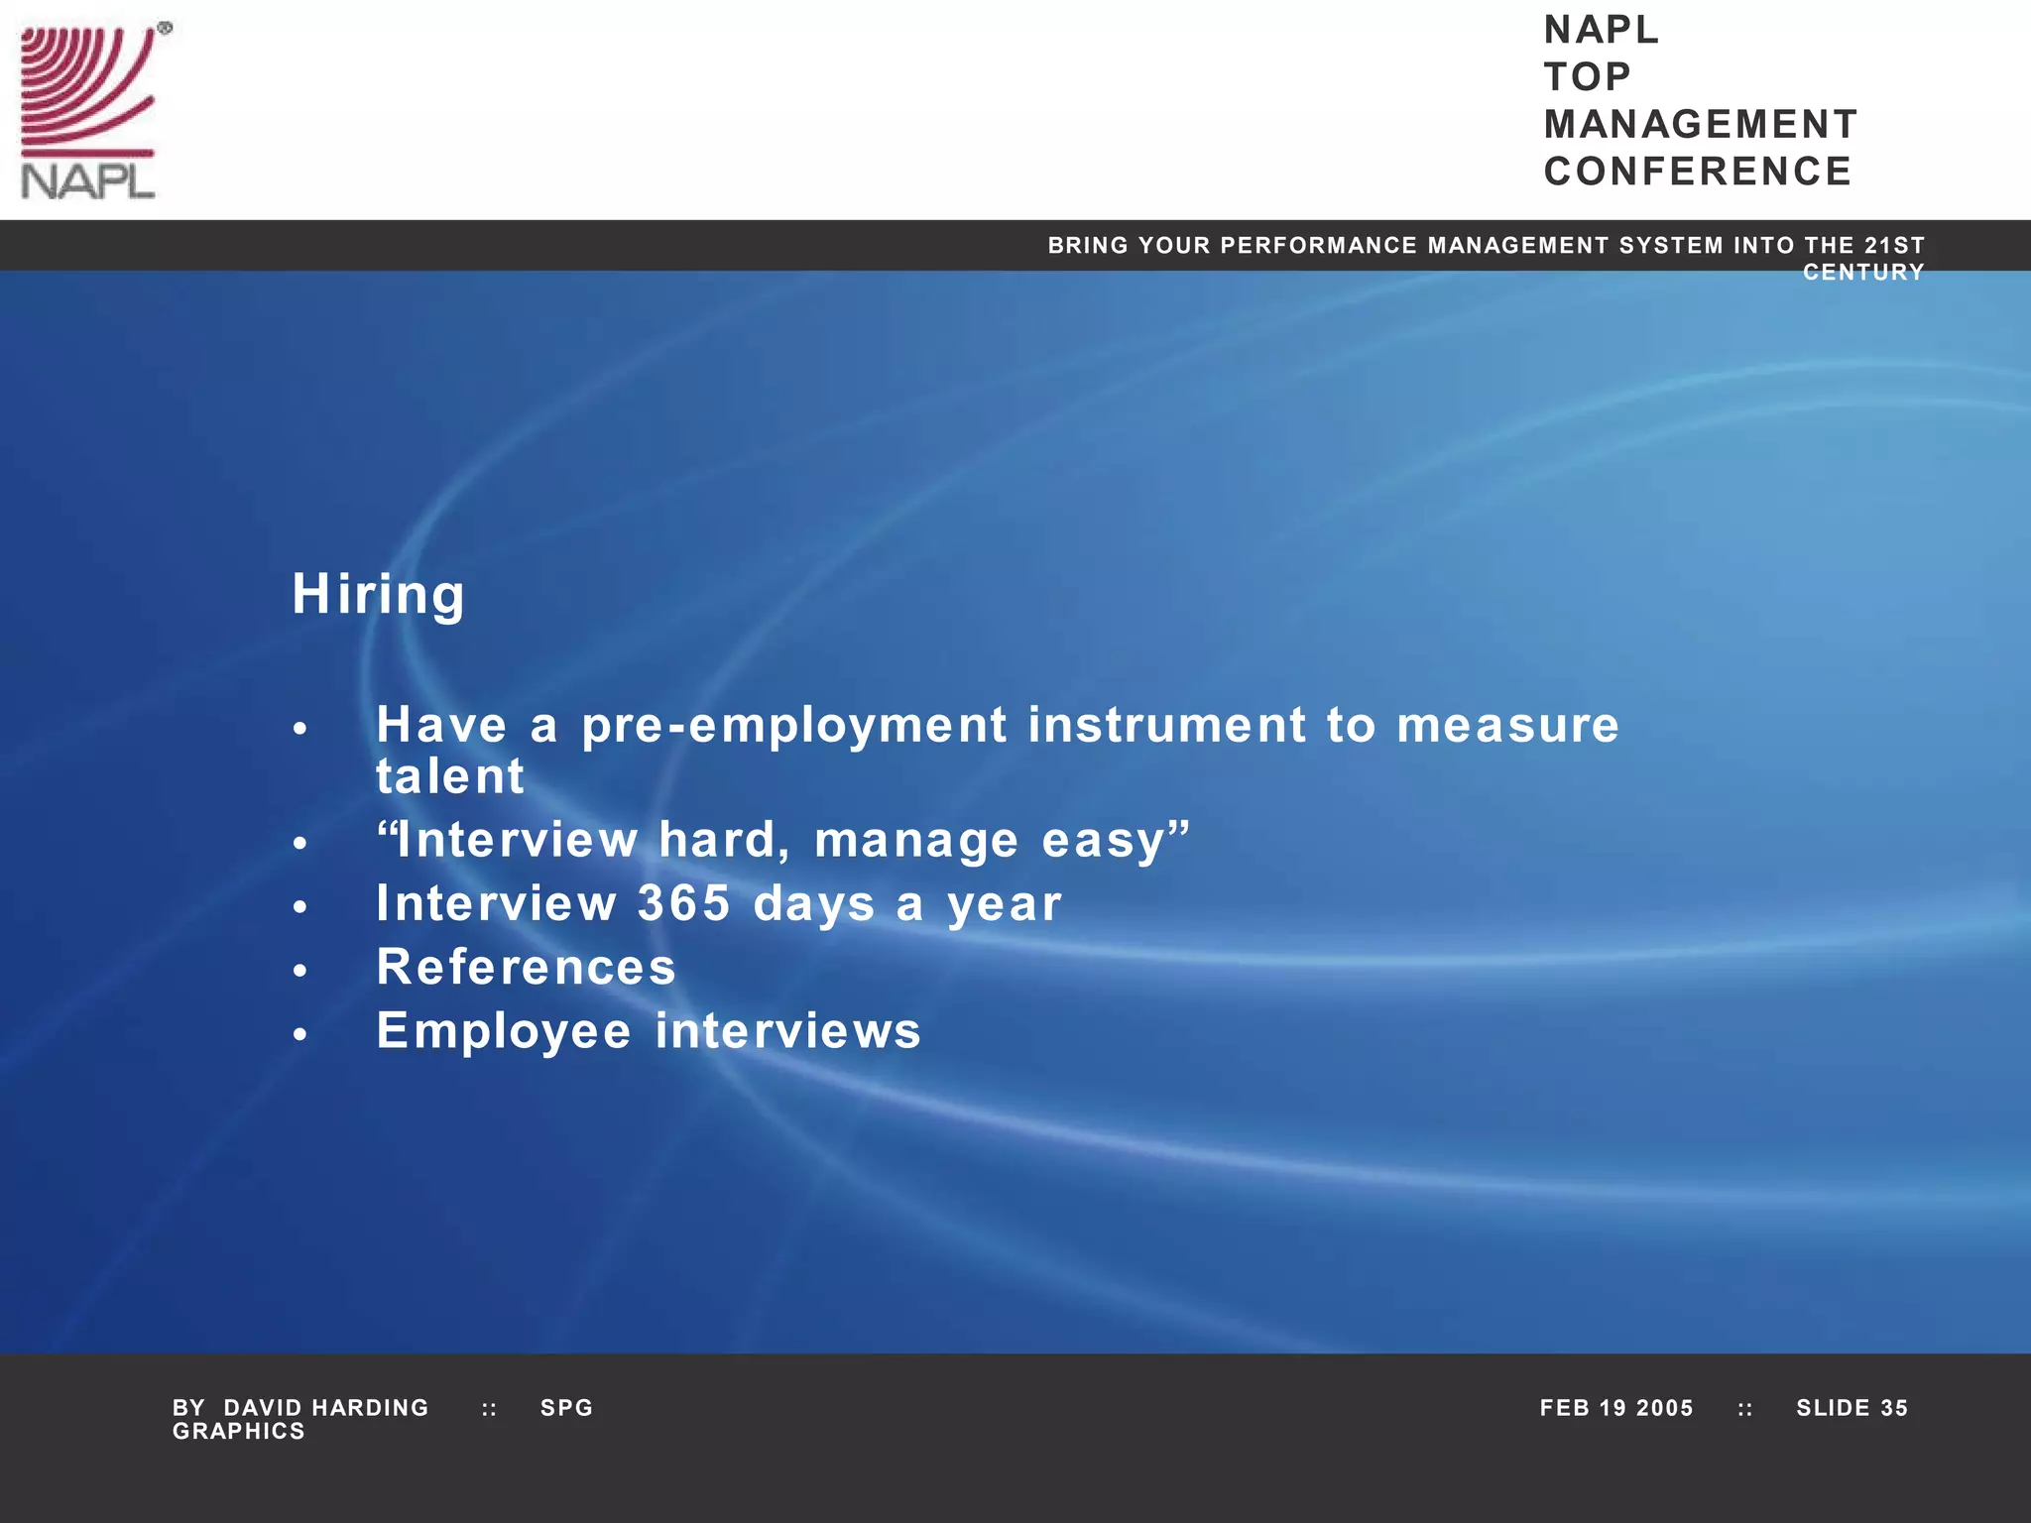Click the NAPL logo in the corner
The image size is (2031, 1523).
tap(89, 111)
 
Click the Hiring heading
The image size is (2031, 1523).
tap(378, 595)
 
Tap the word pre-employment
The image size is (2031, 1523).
tap(794, 726)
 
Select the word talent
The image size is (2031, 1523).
tap(449, 776)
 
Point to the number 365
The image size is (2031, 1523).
tap(683, 903)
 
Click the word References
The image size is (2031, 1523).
tap(526, 967)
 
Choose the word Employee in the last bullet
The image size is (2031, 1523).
tap(504, 1031)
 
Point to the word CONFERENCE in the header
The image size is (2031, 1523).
tap(1698, 172)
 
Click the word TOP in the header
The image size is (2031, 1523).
tap(1588, 76)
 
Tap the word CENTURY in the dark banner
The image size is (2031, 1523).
tap(1863, 272)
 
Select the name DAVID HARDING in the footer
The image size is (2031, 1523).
tap(326, 1408)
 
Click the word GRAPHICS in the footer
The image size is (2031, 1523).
tap(239, 1432)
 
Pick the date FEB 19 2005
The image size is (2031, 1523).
tap(1616, 1408)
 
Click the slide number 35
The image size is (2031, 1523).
tap(1894, 1408)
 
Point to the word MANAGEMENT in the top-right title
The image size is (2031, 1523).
tap(1701, 125)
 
